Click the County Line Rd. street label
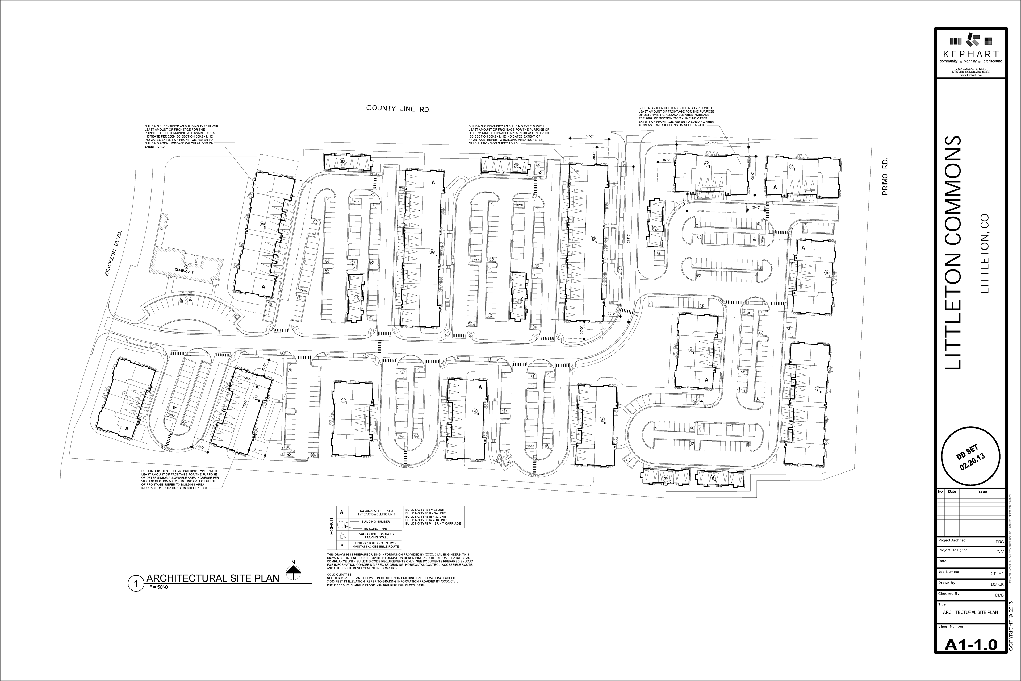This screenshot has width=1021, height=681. (398, 109)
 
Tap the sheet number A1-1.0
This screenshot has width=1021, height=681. (971, 657)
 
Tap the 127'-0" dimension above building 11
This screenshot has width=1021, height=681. (712, 143)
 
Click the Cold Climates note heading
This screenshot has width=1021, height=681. (339, 574)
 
